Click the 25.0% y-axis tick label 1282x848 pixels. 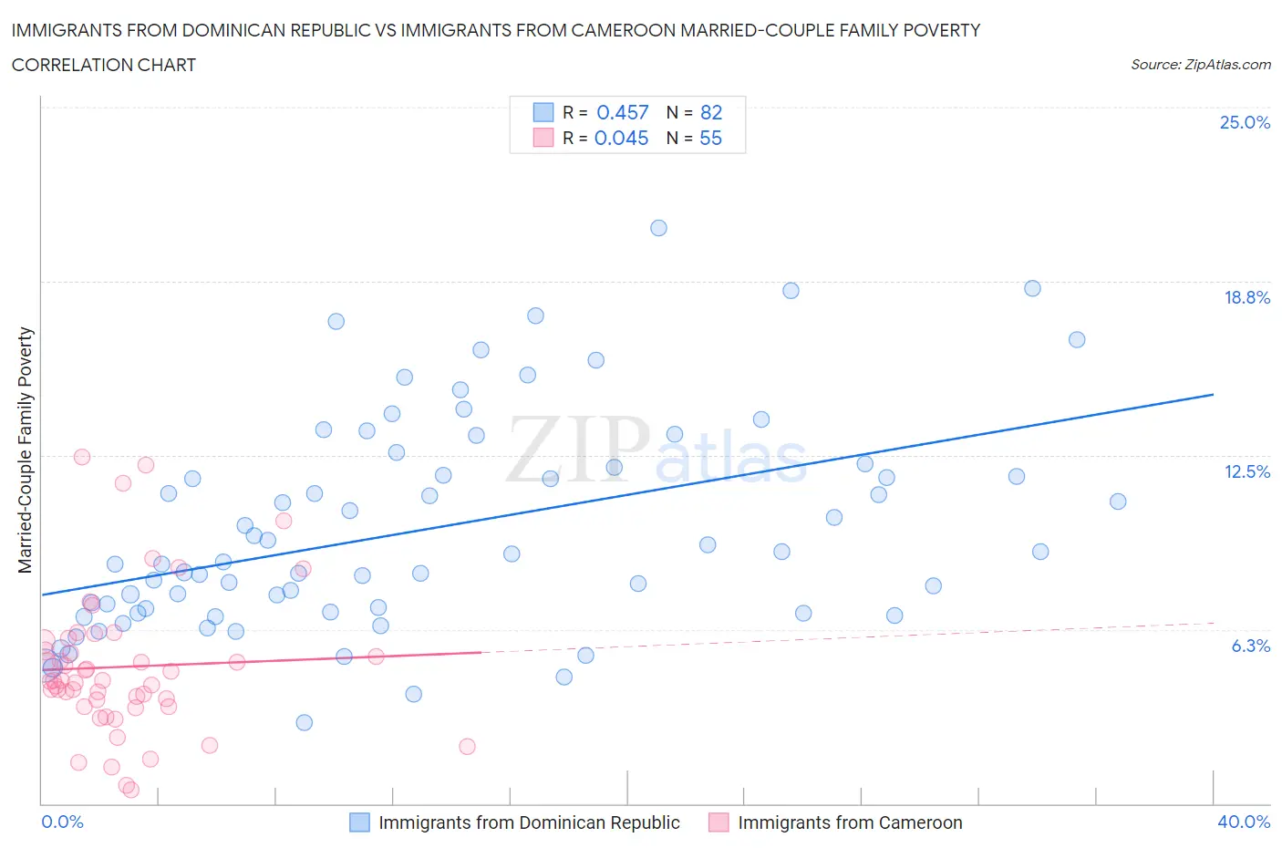pyautogui.click(x=1245, y=122)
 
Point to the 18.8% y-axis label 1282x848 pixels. pyautogui.click(x=1246, y=297)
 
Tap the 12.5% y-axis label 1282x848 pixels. pyautogui.click(x=1246, y=471)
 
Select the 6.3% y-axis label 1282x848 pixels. pyautogui.click(x=1250, y=646)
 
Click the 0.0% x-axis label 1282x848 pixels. pyautogui.click(x=63, y=822)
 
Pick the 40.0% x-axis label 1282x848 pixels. pyautogui.click(x=1244, y=822)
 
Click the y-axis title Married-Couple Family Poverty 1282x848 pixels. pyautogui.click(x=26, y=450)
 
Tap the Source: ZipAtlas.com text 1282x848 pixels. pyautogui.click(x=1200, y=64)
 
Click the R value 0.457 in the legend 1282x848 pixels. pyautogui.click(x=622, y=112)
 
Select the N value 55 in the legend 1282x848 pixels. pyautogui.click(x=710, y=138)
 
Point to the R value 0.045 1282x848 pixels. pyautogui.click(x=621, y=138)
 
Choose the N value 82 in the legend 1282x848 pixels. pyautogui.click(x=710, y=112)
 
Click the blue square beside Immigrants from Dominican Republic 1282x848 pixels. pyautogui.click(x=360, y=822)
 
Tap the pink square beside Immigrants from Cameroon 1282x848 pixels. pyautogui.click(x=719, y=822)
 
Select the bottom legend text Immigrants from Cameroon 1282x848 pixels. pyautogui.click(x=850, y=822)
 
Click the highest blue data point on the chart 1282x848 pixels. pyautogui.click(x=658, y=228)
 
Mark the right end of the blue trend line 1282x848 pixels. pyautogui.click(x=1213, y=394)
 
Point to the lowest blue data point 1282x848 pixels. pyautogui.click(x=305, y=722)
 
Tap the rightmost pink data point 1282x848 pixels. pyautogui.click(x=467, y=747)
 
